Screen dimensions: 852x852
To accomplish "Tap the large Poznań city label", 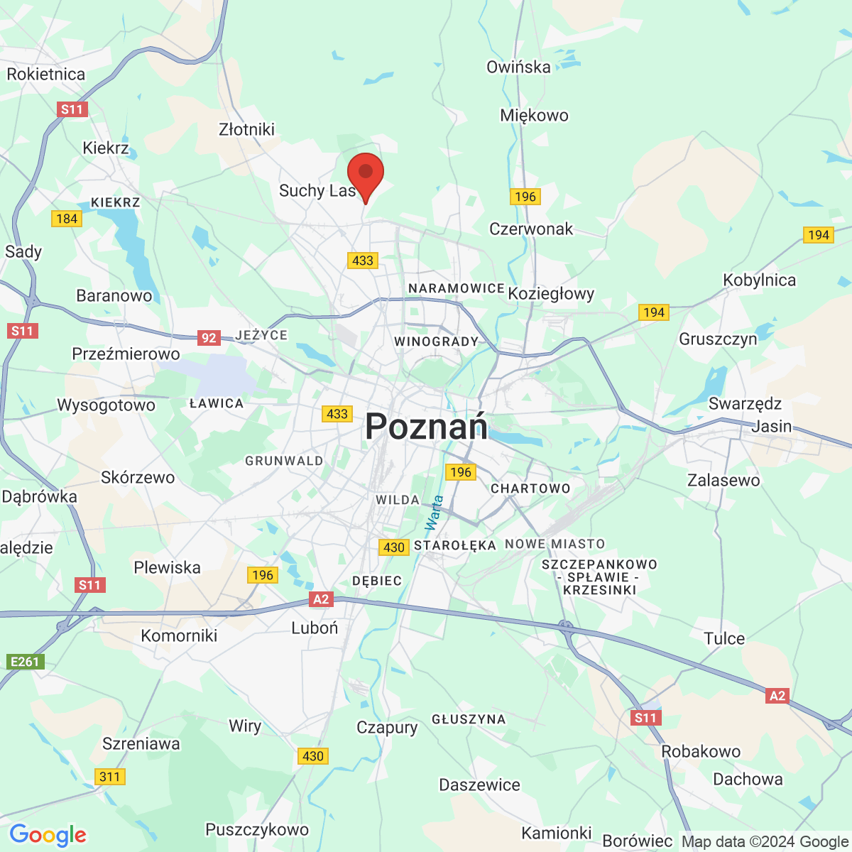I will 426,427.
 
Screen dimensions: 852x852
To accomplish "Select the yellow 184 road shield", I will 67,219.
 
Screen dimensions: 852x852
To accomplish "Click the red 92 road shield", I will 209,338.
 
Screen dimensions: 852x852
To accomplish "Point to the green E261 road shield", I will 25,662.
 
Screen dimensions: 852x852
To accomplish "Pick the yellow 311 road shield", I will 110,777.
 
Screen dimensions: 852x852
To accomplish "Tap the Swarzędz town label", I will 745,404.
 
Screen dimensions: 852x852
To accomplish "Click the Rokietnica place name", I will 46,75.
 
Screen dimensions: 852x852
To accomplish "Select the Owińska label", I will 518,67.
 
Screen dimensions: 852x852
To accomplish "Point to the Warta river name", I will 434,513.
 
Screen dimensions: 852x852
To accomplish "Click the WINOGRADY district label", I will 437,342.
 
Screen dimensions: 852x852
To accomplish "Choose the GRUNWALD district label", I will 284,461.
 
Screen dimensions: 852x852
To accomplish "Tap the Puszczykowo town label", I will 257,829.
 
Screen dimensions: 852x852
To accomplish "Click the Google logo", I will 48,835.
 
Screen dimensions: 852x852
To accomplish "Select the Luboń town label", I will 315,628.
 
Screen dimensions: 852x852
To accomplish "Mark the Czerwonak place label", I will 531,229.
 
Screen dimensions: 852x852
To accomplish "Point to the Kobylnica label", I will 759,280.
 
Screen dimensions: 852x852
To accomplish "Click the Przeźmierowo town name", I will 126,354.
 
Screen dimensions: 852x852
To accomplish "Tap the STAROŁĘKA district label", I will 454,545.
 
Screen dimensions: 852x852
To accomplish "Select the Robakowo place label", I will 701,751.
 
